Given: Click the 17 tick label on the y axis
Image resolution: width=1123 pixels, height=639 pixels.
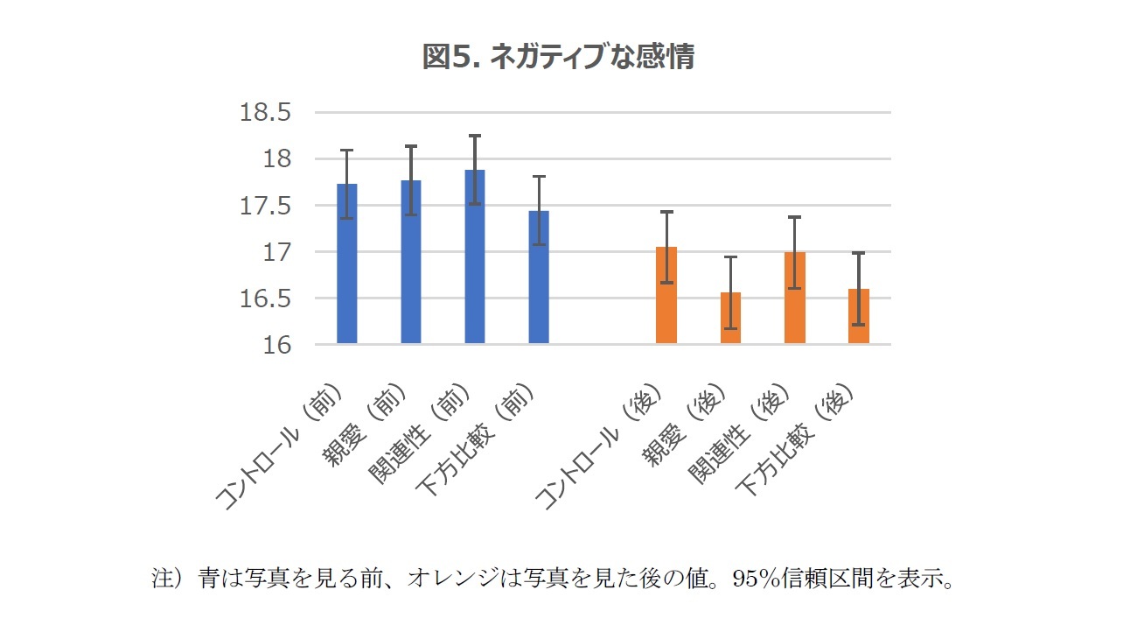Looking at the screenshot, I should pos(276,252).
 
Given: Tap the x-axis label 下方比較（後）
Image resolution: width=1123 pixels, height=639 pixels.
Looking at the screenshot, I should pos(796,442).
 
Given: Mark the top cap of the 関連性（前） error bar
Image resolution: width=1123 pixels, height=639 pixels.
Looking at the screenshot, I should pos(475,136).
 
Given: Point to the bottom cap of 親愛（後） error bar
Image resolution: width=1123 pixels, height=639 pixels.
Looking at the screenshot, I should pos(730,329).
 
